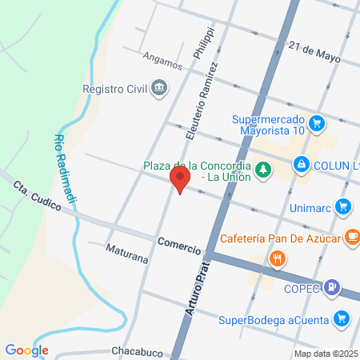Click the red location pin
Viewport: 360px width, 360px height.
(x=180, y=178)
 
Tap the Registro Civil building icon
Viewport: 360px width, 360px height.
(x=159, y=86)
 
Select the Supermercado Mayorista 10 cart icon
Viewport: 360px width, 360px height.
(x=318, y=122)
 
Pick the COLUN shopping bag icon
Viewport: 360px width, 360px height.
(x=301, y=165)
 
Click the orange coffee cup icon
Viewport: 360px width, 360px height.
(x=350, y=237)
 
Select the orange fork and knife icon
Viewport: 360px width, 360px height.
(x=277, y=258)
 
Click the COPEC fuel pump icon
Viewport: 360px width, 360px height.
(x=334, y=286)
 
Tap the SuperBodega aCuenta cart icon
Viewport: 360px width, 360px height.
(x=342, y=318)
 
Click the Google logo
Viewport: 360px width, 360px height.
(x=26, y=350)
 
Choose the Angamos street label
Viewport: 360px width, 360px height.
(x=162, y=58)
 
